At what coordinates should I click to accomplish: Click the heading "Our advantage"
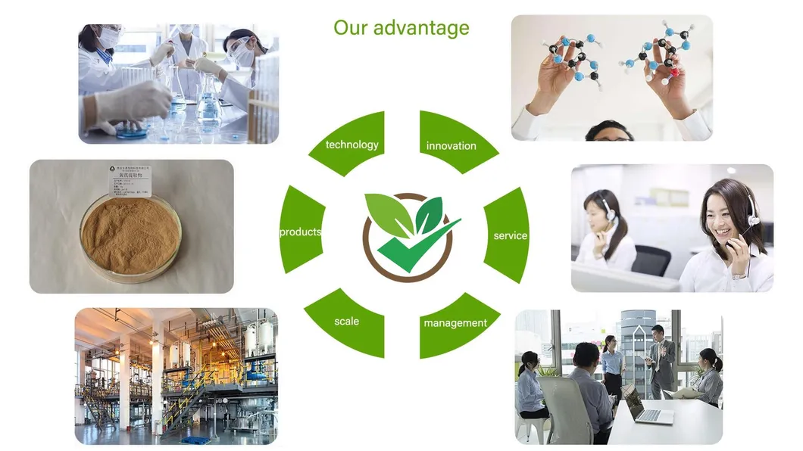tap(401, 28)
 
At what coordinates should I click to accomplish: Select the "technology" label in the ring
tap(352, 145)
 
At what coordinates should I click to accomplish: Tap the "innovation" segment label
tap(451, 145)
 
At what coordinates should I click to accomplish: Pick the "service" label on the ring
tap(510, 235)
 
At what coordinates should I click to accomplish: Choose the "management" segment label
tap(455, 323)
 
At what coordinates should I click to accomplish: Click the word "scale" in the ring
tap(346, 321)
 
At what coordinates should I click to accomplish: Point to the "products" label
tap(300, 232)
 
